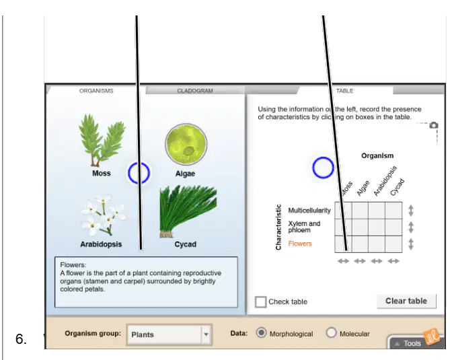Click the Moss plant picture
(x=102, y=140)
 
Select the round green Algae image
(x=186, y=144)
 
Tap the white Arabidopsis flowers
(x=103, y=215)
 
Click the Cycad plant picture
(x=188, y=211)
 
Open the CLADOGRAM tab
(x=195, y=91)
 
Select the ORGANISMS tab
(x=96, y=91)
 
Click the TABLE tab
(x=344, y=91)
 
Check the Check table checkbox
(x=260, y=301)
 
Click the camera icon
(x=434, y=125)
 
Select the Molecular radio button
(x=331, y=332)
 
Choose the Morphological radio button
(x=261, y=332)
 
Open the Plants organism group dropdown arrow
(x=206, y=334)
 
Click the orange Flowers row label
(x=300, y=244)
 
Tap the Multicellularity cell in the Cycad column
(x=393, y=211)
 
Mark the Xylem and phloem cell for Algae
(x=360, y=227)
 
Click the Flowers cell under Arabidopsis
(x=377, y=244)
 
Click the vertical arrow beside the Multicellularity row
(x=411, y=211)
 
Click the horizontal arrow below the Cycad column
(x=393, y=261)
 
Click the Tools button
(x=412, y=343)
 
